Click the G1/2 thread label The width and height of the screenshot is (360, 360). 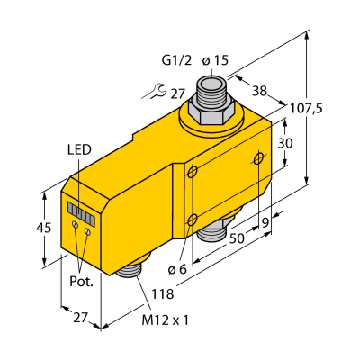176,61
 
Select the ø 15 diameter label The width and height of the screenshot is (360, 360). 215,61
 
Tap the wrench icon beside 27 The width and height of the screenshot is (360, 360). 157,91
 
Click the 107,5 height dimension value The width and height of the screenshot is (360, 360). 306,109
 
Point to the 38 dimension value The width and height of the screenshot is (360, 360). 259,91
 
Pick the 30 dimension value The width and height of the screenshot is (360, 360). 285,144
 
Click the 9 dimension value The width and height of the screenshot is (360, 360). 265,222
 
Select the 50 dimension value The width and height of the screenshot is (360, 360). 237,239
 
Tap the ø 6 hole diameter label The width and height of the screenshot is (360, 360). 177,269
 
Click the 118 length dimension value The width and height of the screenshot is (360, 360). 163,294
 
